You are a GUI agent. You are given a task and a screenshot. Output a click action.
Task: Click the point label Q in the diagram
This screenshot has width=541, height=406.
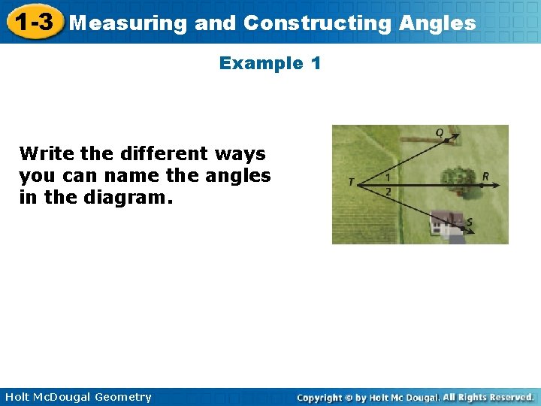[440, 133]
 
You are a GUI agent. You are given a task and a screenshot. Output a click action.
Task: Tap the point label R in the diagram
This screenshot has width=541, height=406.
[486, 177]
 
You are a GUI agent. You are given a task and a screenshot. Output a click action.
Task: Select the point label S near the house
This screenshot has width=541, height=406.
[470, 222]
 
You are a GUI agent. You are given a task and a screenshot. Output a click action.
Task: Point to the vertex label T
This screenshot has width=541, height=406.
[351, 182]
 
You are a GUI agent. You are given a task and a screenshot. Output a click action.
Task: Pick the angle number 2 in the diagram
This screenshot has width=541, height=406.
[388, 192]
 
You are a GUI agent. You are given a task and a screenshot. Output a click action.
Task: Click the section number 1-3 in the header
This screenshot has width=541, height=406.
[32, 23]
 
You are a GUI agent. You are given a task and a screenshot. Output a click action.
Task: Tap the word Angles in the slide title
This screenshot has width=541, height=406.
[437, 23]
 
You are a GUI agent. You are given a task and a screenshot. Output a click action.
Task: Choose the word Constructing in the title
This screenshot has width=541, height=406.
[317, 23]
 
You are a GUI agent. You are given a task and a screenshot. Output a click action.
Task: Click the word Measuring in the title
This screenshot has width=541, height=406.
[128, 23]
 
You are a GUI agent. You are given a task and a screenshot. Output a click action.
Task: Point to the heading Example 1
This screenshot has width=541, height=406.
[270, 63]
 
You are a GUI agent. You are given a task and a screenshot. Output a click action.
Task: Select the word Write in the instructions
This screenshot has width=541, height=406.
[47, 154]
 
